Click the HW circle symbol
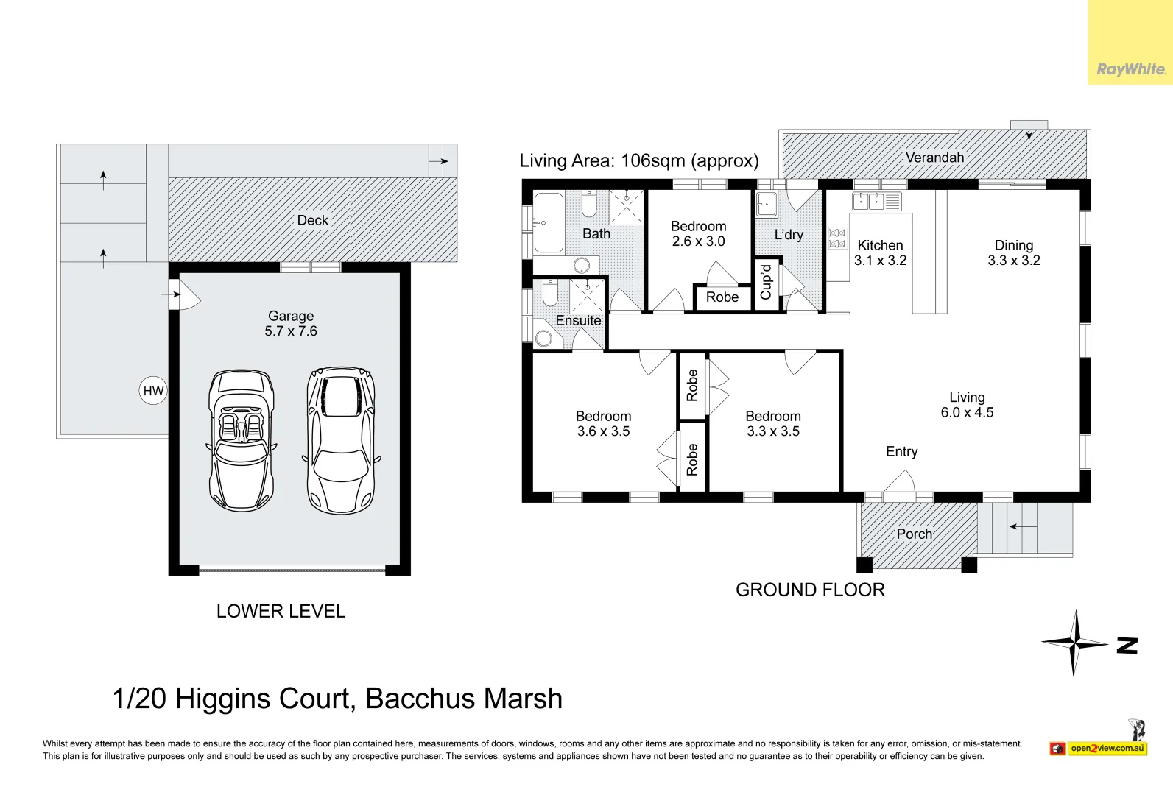click(153, 390)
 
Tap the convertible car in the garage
click(242, 441)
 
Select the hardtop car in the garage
click(341, 440)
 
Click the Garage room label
click(291, 316)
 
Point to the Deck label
click(313, 220)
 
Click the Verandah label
click(934, 158)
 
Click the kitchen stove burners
click(837, 239)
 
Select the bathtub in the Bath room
click(549, 223)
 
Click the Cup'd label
click(766, 282)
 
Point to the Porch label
click(915, 534)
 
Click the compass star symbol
click(1074, 643)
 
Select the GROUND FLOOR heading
click(810, 590)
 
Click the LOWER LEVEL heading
click(281, 611)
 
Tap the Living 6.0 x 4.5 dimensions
click(967, 412)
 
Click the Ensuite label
click(578, 320)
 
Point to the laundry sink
click(766, 204)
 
